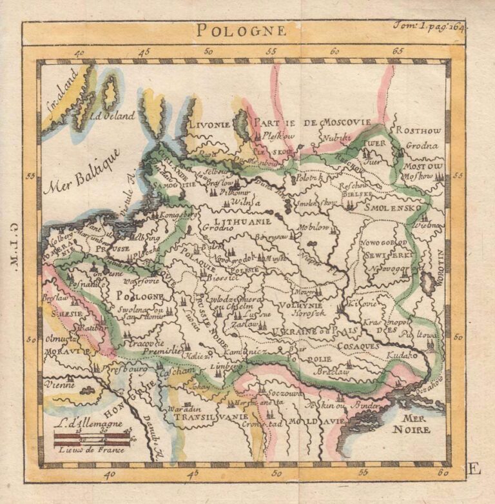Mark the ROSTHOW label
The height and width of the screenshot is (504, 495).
pyautogui.click(x=419, y=130)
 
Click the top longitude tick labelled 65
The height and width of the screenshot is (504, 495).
pyautogui.click(x=398, y=51)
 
